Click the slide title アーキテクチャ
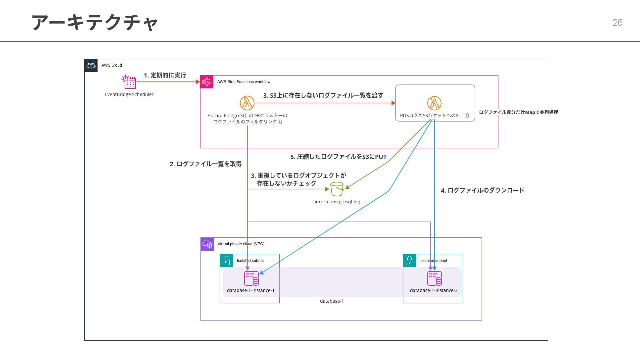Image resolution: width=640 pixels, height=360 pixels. [x=95, y=23]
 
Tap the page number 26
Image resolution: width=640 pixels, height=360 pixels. [x=617, y=23]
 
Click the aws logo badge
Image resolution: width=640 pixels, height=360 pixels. [x=91, y=65]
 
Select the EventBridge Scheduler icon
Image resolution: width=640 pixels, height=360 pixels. [x=129, y=82]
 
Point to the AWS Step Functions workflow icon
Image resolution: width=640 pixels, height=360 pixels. [x=207, y=82]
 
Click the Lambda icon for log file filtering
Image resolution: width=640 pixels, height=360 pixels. [x=247, y=103]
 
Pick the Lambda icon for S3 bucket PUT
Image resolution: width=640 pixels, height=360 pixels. [x=434, y=103]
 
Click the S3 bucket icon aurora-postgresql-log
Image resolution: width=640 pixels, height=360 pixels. [x=337, y=189]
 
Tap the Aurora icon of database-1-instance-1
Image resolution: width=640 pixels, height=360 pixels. [x=251, y=279]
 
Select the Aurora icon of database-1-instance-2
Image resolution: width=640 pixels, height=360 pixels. [x=435, y=279]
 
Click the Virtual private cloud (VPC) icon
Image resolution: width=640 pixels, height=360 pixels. [x=207, y=244]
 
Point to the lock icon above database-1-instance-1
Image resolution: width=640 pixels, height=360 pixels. [x=226, y=261]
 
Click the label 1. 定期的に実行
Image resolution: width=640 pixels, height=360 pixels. [x=165, y=75]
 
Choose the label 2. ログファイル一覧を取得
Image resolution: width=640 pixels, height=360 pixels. [x=206, y=164]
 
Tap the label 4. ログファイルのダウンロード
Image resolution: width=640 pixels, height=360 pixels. [x=482, y=190]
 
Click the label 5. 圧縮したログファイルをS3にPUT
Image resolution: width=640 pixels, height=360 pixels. [x=338, y=157]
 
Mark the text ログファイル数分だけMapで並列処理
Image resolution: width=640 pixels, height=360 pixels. [x=518, y=112]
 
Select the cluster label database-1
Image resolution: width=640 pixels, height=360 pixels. [x=332, y=301]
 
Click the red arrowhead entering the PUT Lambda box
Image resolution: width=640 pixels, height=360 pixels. [x=393, y=103]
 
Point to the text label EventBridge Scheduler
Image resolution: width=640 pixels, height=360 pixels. [x=129, y=94]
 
